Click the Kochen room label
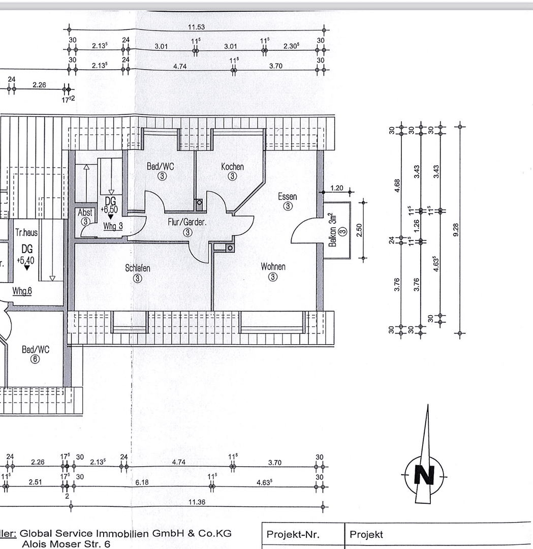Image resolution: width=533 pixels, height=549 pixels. tap(232, 167)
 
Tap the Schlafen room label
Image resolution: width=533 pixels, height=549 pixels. tap(138, 268)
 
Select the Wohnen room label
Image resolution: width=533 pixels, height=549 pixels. tap(273, 266)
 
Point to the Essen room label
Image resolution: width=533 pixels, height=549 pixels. tap(287, 196)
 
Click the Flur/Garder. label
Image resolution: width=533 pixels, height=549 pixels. tap(187, 222)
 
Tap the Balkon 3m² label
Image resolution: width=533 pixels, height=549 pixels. tap(333, 230)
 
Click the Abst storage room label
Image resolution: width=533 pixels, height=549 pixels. tap(85, 212)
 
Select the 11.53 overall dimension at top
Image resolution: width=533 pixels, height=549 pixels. tap(196, 27)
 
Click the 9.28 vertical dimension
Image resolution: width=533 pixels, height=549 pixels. tap(456, 230)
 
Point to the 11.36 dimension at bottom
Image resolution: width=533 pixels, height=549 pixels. tap(197, 502)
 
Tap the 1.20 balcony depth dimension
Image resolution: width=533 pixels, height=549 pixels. tap(337, 188)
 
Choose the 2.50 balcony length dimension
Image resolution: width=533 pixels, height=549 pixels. tap(359, 230)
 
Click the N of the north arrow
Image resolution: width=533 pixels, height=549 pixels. tap(424, 475)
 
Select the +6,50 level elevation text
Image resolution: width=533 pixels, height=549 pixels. tap(109, 210)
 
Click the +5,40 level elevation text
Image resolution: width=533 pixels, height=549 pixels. tap(25, 260)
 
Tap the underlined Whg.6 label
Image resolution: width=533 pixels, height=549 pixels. tap(22, 291)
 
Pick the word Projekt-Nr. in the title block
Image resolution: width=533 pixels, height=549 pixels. tap(293, 534)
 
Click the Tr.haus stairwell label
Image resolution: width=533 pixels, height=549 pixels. tap(26, 232)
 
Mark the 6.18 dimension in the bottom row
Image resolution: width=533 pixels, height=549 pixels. tap(142, 482)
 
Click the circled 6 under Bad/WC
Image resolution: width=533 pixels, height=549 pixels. tap(35, 359)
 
